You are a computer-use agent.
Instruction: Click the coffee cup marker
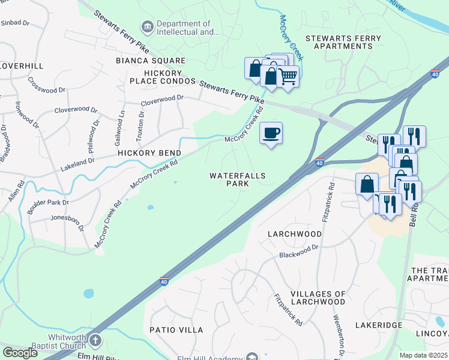tap(271, 133)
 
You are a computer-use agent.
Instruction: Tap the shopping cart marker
tap(288, 76)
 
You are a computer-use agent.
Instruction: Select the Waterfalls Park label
tap(237, 180)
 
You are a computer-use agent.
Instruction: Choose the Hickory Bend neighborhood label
tap(149, 153)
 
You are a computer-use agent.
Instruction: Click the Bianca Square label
tap(151, 61)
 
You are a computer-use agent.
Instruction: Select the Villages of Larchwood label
tap(318, 298)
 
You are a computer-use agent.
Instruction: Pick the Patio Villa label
tap(177, 330)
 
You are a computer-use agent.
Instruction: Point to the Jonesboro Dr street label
tap(67, 218)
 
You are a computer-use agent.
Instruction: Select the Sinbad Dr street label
tap(15, 23)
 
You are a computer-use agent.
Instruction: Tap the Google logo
tap(20, 353)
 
